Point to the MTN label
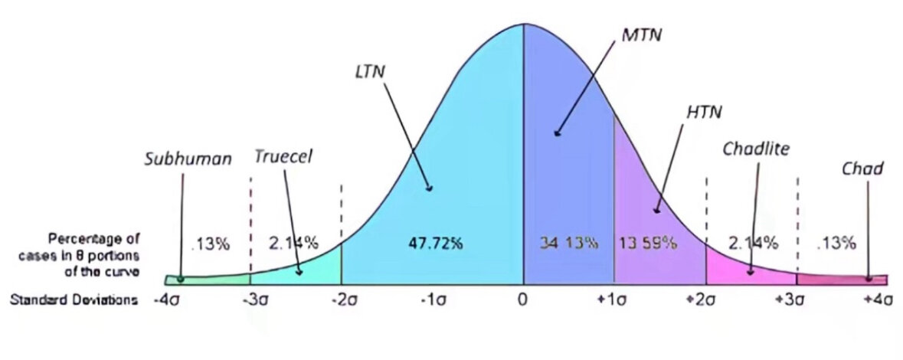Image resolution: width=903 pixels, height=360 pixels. [x=641, y=35]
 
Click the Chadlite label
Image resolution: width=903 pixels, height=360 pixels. [x=756, y=147]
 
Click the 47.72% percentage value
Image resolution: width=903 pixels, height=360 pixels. [x=432, y=244]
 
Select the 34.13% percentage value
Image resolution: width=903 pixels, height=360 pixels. [x=568, y=244]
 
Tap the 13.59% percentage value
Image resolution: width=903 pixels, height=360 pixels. [x=647, y=244]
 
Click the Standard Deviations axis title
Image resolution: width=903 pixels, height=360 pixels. [x=74, y=300]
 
